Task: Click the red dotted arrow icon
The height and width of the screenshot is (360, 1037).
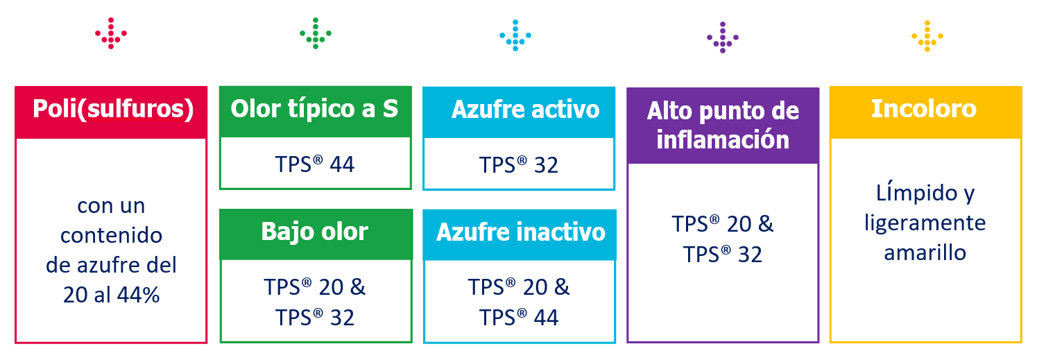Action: [111, 33]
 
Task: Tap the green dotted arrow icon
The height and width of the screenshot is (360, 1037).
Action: [316, 33]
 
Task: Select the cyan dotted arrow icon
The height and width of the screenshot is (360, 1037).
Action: [515, 35]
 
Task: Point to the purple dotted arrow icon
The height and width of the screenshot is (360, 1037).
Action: [723, 37]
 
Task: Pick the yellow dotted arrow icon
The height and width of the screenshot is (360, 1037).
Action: [927, 36]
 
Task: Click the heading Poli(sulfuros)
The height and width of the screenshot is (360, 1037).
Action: [113, 109]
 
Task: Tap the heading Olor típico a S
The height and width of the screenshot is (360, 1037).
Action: [314, 109]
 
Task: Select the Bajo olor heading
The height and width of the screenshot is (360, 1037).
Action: [315, 232]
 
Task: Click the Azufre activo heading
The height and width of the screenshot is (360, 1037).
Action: [526, 110]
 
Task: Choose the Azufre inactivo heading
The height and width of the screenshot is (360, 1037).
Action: [521, 232]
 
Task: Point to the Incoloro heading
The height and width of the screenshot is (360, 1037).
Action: [924, 109]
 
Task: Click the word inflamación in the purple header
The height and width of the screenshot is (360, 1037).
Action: [723, 139]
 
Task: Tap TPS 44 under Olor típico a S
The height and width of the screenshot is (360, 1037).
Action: [315, 164]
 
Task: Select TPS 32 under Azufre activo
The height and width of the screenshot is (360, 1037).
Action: [519, 164]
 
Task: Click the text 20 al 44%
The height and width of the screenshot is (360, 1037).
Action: [112, 295]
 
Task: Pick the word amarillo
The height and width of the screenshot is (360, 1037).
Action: [925, 253]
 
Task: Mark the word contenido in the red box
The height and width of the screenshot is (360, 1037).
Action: [111, 235]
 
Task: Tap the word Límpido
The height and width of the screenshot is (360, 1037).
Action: [916, 193]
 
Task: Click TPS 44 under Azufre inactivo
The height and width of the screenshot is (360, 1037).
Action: [519, 318]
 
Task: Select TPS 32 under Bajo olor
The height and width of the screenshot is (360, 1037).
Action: [315, 318]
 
